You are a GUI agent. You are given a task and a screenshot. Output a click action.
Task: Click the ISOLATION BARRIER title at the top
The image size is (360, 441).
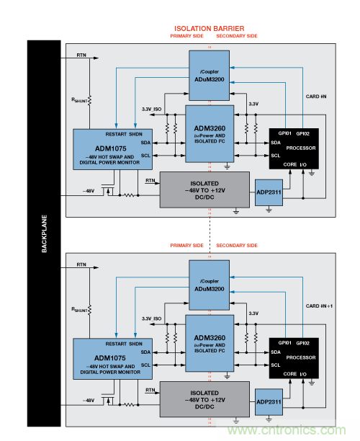[209, 28]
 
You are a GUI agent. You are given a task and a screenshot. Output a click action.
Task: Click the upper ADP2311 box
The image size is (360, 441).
[269, 193]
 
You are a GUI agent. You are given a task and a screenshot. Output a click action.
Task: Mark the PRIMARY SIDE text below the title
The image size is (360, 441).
[186, 36]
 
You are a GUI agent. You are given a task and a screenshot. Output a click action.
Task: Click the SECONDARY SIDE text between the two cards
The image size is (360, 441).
[236, 245]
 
